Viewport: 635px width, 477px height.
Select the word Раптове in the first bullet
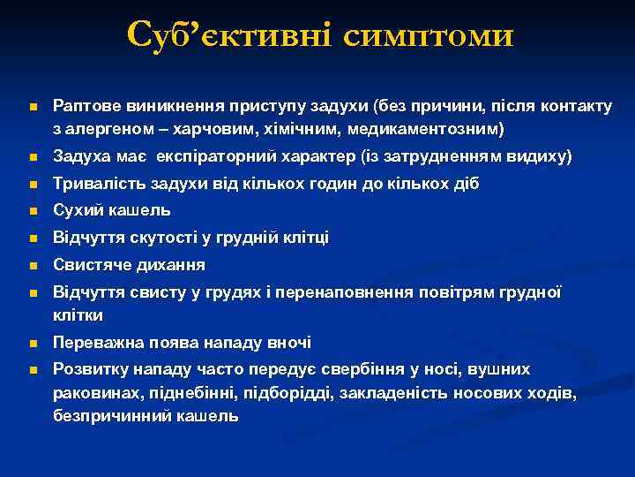click(85, 106)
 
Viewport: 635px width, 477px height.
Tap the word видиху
click(543, 157)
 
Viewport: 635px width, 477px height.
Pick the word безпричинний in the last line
click(107, 416)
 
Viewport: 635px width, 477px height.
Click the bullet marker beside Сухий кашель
click(33, 212)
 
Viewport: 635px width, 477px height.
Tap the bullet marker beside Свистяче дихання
click(33, 266)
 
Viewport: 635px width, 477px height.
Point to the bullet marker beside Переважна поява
click(33, 344)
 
